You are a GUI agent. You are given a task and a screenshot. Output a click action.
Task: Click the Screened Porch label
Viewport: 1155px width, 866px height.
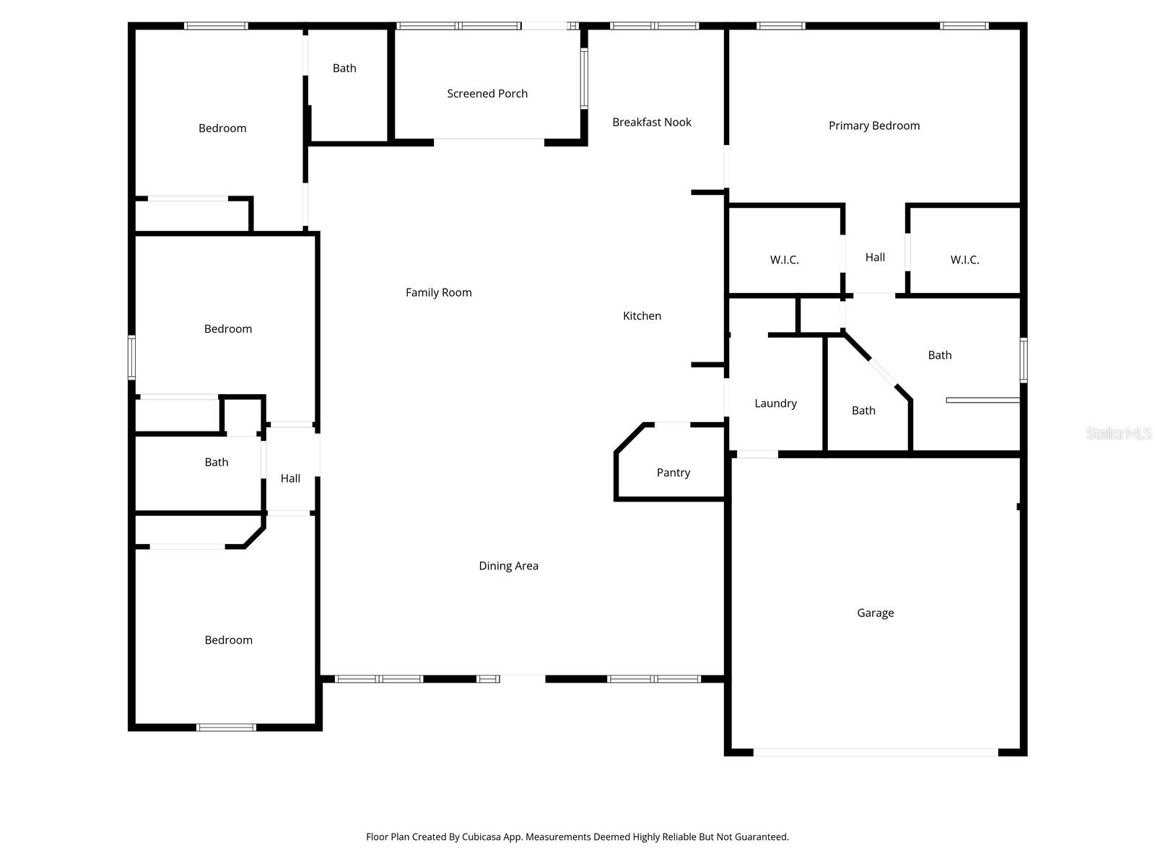(487, 94)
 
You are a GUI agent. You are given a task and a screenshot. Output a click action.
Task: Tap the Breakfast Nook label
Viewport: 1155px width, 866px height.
(651, 123)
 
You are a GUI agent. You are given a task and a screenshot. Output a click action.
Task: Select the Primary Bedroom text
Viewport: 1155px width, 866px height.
(873, 126)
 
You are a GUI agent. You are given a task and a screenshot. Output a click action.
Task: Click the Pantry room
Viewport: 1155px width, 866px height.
(673, 473)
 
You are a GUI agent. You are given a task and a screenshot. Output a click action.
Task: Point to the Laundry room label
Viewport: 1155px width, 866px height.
(775, 403)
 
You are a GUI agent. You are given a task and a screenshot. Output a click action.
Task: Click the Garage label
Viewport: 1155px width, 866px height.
(875, 613)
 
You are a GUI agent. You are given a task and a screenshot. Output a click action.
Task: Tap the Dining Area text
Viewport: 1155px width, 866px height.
(508, 566)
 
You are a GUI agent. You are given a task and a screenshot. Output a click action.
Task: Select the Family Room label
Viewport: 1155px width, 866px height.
(438, 292)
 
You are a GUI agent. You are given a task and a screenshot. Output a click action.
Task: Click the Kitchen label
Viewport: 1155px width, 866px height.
(642, 315)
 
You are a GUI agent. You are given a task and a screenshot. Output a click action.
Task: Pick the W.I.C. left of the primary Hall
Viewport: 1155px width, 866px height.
(784, 260)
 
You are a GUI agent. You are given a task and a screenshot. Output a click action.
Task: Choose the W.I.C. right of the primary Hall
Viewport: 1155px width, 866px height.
(964, 260)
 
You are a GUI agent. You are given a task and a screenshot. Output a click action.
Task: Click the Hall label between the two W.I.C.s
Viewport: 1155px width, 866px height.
(875, 257)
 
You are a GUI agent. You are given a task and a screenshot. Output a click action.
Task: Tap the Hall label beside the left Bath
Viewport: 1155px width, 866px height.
(290, 478)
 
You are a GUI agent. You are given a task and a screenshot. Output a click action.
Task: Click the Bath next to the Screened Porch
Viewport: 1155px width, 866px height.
(344, 69)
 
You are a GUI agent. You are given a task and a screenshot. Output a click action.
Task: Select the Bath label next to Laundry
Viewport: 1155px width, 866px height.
(863, 411)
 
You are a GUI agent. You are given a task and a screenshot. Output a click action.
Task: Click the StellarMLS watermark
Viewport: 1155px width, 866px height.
(1118, 434)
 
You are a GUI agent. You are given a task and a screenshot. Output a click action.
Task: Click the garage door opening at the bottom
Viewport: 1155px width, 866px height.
(875, 752)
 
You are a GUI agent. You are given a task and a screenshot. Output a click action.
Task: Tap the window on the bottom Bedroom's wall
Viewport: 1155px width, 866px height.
(226, 727)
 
